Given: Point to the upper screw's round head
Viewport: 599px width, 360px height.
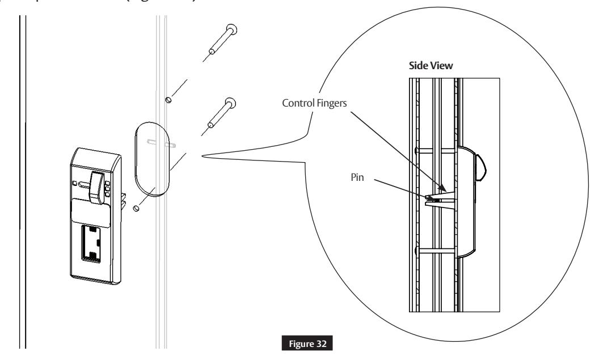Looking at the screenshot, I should (231, 29).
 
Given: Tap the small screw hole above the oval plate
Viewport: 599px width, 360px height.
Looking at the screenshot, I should (168, 100).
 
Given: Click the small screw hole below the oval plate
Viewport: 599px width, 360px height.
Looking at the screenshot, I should (136, 209).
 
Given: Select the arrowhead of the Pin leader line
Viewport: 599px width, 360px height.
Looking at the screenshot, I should (427, 197).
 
